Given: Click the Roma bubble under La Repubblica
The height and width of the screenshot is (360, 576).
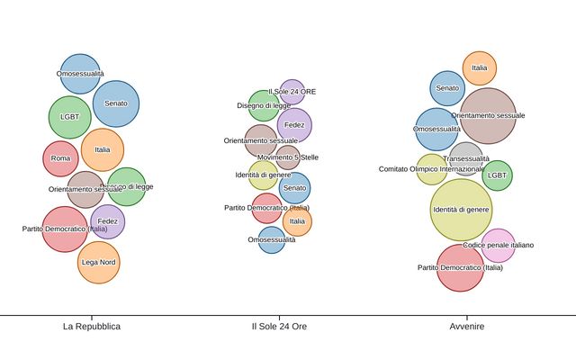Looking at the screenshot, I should coord(60,159).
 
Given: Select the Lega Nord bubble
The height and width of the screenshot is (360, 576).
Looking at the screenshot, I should coord(99,262).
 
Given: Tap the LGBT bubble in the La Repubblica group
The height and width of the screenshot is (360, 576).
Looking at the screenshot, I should coord(69,117).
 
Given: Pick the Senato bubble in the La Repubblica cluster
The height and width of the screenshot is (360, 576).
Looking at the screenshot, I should coord(115,103).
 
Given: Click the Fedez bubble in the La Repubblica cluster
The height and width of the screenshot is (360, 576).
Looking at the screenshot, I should coord(108,221).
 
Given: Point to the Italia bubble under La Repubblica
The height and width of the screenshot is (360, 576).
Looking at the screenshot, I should coord(103,150).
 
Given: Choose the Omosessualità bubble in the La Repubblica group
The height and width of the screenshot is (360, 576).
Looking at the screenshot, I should coord(80,74).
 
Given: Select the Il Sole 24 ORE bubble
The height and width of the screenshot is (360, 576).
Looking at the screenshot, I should coord(292,91).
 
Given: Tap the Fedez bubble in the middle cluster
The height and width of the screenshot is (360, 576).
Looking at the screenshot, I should coord(294,125).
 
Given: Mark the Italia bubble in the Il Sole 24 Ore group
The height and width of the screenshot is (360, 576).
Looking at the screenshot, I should coord(297,221).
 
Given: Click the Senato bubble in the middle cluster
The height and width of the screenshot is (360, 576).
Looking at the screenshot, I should coord(294,188).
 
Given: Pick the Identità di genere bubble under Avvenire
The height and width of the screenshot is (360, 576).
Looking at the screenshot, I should coord(461,210).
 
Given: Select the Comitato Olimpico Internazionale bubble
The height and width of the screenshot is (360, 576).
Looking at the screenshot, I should coord(431,169).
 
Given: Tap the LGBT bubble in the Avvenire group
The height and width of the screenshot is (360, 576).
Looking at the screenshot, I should coord(497,175).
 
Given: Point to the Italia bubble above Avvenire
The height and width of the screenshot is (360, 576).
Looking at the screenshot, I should coord(479,67).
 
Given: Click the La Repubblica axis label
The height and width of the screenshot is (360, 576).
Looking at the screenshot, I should coord(92,326).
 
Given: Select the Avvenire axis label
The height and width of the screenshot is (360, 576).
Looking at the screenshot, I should coord(467,326).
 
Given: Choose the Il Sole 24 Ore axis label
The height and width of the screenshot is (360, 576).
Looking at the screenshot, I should coord(279,326).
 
